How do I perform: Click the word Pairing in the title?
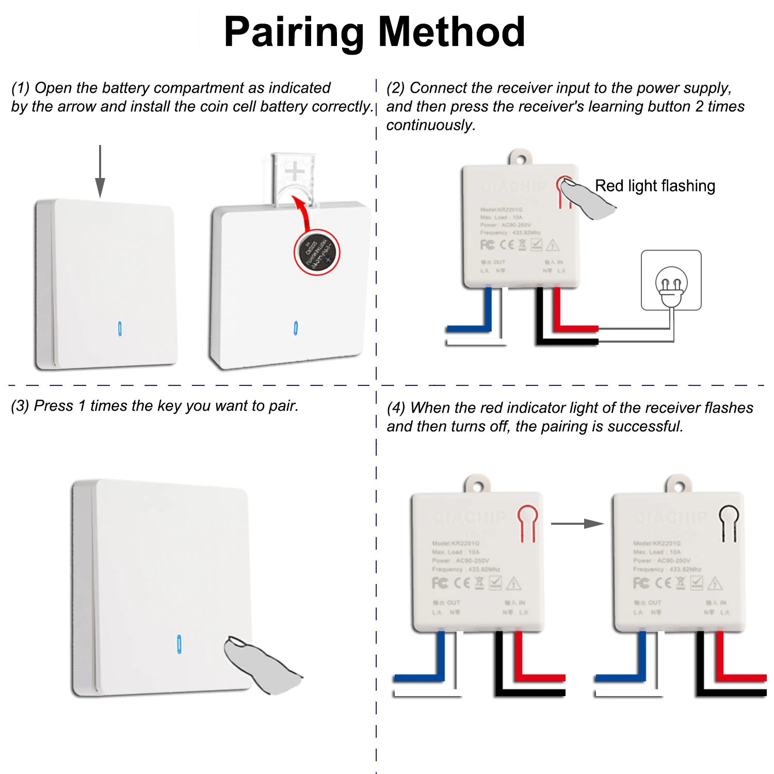pos(294,33)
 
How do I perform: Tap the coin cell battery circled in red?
pos(317,252)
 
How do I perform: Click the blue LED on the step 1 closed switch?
pos(120,329)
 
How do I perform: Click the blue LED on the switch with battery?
pos(296,328)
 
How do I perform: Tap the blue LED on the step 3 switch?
pos(179,644)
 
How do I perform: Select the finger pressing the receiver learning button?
pos(586,199)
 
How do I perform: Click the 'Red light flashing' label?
pos(655,186)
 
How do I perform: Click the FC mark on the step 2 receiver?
pos(487,245)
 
